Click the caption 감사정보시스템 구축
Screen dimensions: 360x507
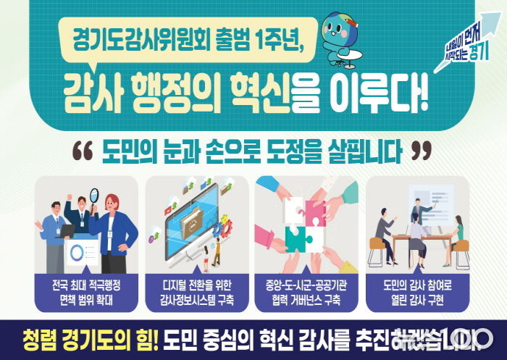click(196, 298)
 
